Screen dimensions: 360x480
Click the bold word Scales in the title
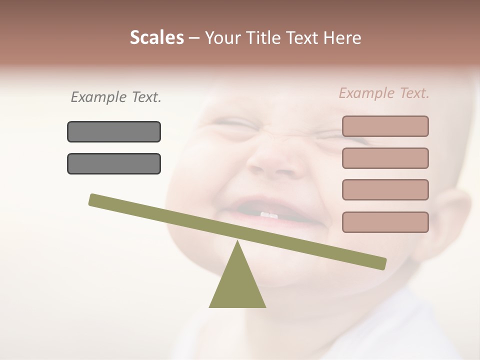pyautogui.click(x=156, y=38)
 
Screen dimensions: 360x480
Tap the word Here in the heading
pyautogui.click(x=342, y=38)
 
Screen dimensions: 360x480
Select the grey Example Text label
pyautogui.click(x=116, y=97)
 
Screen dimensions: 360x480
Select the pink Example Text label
pyautogui.click(x=384, y=93)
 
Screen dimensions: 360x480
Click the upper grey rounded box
pyautogui.click(x=114, y=131)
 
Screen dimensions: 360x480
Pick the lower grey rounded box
pyautogui.click(x=114, y=163)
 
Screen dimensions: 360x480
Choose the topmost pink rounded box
pyautogui.click(x=385, y=126)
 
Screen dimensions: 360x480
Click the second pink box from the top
pyautogui.click(x=385, y=158)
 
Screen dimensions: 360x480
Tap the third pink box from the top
pyautogui.click(x=385, y=189)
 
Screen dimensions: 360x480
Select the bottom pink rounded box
pyautogui.click(x=385, y=222)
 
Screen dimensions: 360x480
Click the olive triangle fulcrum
pyautogui.click(x=237, y=285)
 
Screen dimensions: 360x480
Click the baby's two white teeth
pyautogui.click(x=269, y=215)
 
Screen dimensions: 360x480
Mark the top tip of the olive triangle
pyautogui.click(x=237, y=242)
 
